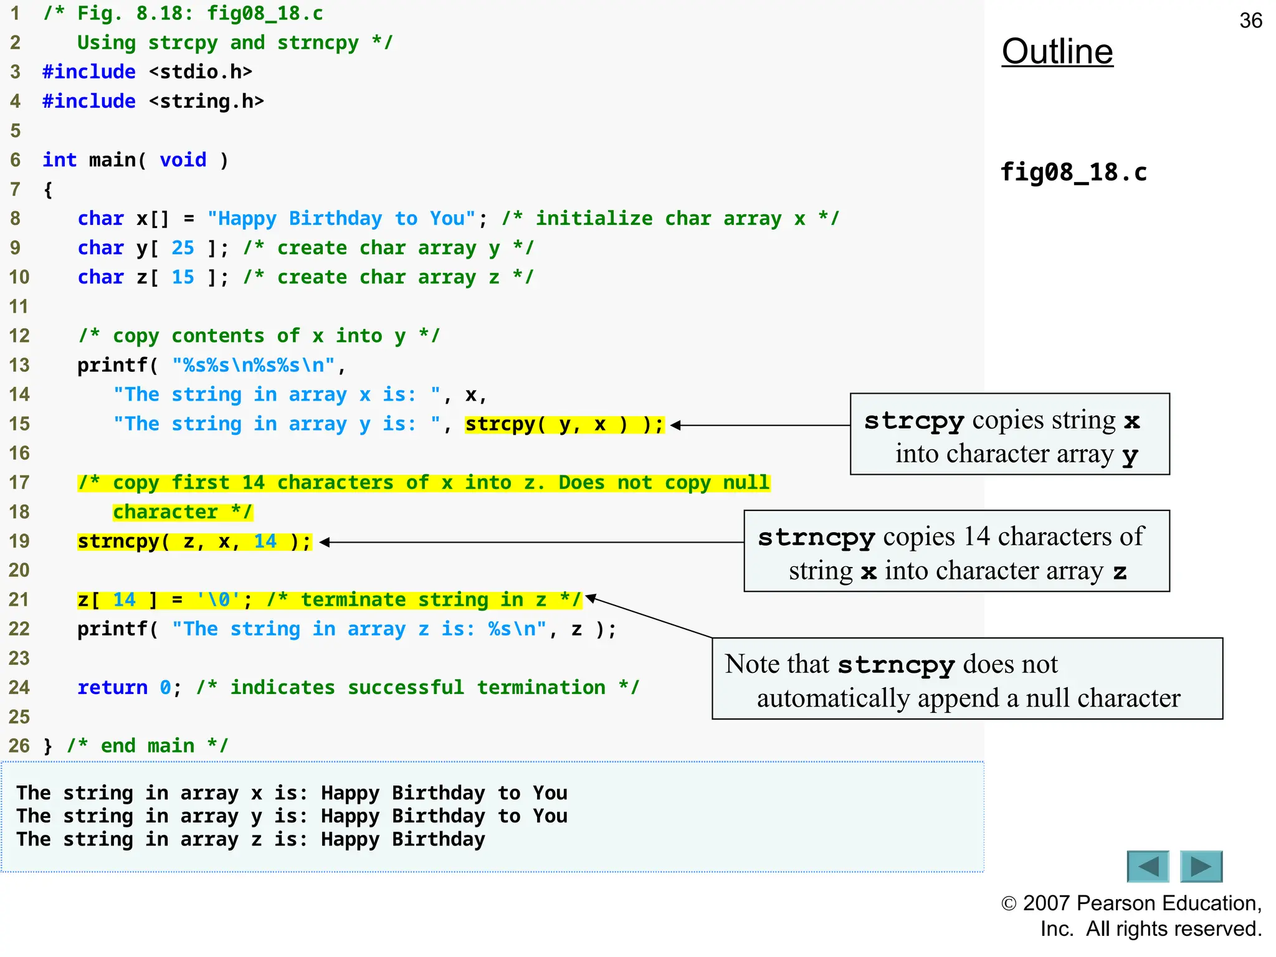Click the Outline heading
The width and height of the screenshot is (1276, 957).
[1057, 52]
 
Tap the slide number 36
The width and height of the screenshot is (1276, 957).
[1250, 21]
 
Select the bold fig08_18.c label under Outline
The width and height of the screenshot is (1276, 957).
[1073, 172]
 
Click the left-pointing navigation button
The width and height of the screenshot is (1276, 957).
[1148, 866]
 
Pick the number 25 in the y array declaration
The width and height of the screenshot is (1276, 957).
[183, 248]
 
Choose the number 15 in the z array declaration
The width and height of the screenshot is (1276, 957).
[183, 277]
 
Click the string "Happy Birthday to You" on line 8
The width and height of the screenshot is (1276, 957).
[341, 219]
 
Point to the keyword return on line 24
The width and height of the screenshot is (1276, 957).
[112, 687]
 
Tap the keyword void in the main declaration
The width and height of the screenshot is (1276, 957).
[183, 160]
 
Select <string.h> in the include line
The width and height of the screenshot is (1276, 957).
[206, 102]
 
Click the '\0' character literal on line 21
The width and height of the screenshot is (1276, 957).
[217, 600]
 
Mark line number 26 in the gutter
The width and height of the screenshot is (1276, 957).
[19, 746]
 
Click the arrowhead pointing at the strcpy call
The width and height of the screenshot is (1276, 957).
[675, 426]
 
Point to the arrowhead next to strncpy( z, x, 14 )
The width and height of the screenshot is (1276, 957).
[324, 542]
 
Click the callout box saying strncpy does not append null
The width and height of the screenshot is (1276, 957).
[966, 678]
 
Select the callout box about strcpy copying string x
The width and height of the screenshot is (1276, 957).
[1009, 434]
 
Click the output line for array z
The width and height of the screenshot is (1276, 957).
[250, 839]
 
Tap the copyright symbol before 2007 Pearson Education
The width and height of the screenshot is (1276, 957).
[1009, 903]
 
